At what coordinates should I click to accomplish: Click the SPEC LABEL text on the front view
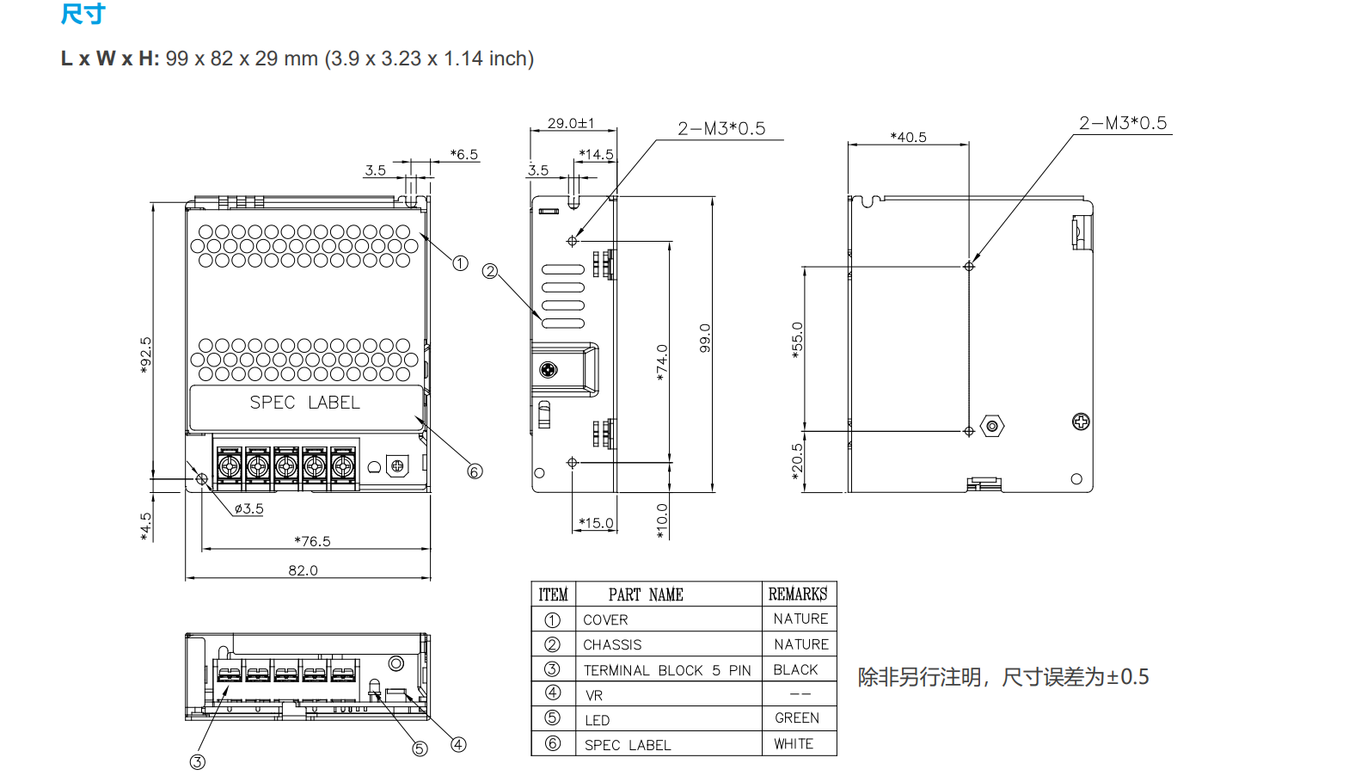(x=304, y=403)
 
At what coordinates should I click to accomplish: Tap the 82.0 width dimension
(x=303, y=570)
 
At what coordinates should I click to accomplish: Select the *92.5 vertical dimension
(x=145, y=354)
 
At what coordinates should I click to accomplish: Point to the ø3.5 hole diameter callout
(x=249, y=508)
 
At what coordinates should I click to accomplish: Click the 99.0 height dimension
(x=705, y=338)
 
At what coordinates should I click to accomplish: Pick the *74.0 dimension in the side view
(x=661, y=362)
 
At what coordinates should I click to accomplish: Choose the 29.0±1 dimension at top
(x=571, y=123)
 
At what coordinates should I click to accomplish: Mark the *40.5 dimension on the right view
(x=908, y=137)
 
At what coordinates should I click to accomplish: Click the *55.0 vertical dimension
(x=797, y=340)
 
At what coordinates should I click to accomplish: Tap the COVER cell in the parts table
(x=605, y=619)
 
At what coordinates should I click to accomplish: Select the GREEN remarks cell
(x=797, y=718)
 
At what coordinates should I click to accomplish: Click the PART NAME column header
(x=646, y=594)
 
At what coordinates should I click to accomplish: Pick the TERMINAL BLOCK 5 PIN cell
(x=667, y=670)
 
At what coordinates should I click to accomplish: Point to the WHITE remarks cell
(x=794, y=744)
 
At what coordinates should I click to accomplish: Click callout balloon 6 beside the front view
(x=475, y=471)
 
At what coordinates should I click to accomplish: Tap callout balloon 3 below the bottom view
(x=198, y=762)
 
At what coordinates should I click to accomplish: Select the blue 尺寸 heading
(x=83, y=14)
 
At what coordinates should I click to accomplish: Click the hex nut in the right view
(x=992, y=426)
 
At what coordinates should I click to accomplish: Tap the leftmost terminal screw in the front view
(x=230, y=467)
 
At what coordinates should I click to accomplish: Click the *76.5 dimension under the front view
(x=312, y=541)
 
